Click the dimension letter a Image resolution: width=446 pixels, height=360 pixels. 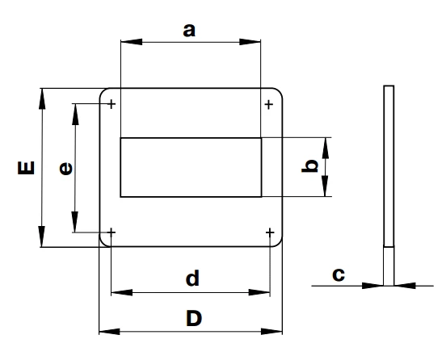click(189, 31)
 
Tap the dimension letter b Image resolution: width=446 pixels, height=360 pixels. click(309, 166)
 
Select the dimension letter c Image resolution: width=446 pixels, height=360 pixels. click(339, 274)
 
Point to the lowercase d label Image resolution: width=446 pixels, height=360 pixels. click(192, 278)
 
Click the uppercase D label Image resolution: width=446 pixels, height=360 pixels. click(194, 318)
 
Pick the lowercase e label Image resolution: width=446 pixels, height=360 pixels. click(65, 168)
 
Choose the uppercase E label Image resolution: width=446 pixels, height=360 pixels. click(26, 168)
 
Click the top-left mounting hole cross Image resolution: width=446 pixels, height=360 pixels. click(111, 104)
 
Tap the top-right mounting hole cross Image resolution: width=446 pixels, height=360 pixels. click(269, 105)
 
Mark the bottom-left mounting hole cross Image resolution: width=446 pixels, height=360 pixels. click(111, 232)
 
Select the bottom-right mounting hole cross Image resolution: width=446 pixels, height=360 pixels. click(270, 233)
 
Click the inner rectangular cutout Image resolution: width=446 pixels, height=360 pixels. click(191, 167)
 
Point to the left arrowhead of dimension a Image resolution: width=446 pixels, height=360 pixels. click(132, 42)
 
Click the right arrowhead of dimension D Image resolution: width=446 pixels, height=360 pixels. click(271, 331)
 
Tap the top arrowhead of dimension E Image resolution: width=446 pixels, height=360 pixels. click(42, 99)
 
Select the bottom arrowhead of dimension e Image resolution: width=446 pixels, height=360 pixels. click(75, 222)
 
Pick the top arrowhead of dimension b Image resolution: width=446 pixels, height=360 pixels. click(325, 148)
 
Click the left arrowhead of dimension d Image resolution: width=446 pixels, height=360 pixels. click(122, 292)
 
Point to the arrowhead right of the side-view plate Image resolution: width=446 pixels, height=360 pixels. click(405, 286)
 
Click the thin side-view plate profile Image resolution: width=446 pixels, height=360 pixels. click(389, 186)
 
